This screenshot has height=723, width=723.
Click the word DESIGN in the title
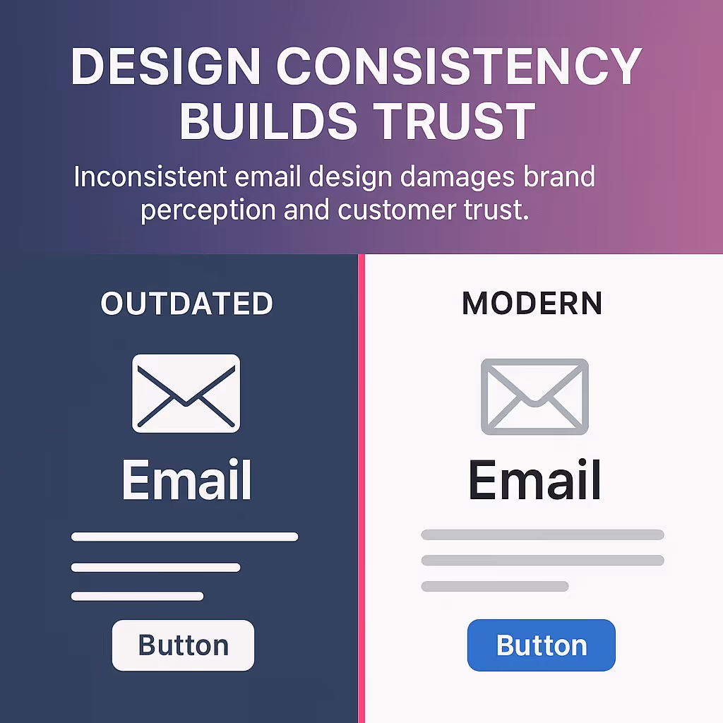[x=166, y=67]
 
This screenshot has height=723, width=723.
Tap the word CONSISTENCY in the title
[x=458, y=67]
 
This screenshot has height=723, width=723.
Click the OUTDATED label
[x=186, y=304]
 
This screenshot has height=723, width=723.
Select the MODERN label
[x=532, y=304]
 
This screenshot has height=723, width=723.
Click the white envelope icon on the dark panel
[x=186, y=393]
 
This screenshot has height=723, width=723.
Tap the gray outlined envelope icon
[x=534, y=396]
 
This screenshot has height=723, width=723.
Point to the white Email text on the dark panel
[x=186, y=481]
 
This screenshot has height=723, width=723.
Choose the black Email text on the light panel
[x=534, y=481]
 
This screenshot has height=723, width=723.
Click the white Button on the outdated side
[x=183, y=645]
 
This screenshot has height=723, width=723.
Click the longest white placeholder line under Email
[x=184, y=537]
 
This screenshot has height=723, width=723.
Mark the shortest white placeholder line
[x=137, y=597]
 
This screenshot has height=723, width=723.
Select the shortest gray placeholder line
[x=494, y=586]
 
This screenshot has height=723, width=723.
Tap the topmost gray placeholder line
[x=542, y=534]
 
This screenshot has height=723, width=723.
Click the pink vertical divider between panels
[x=361, y=487]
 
